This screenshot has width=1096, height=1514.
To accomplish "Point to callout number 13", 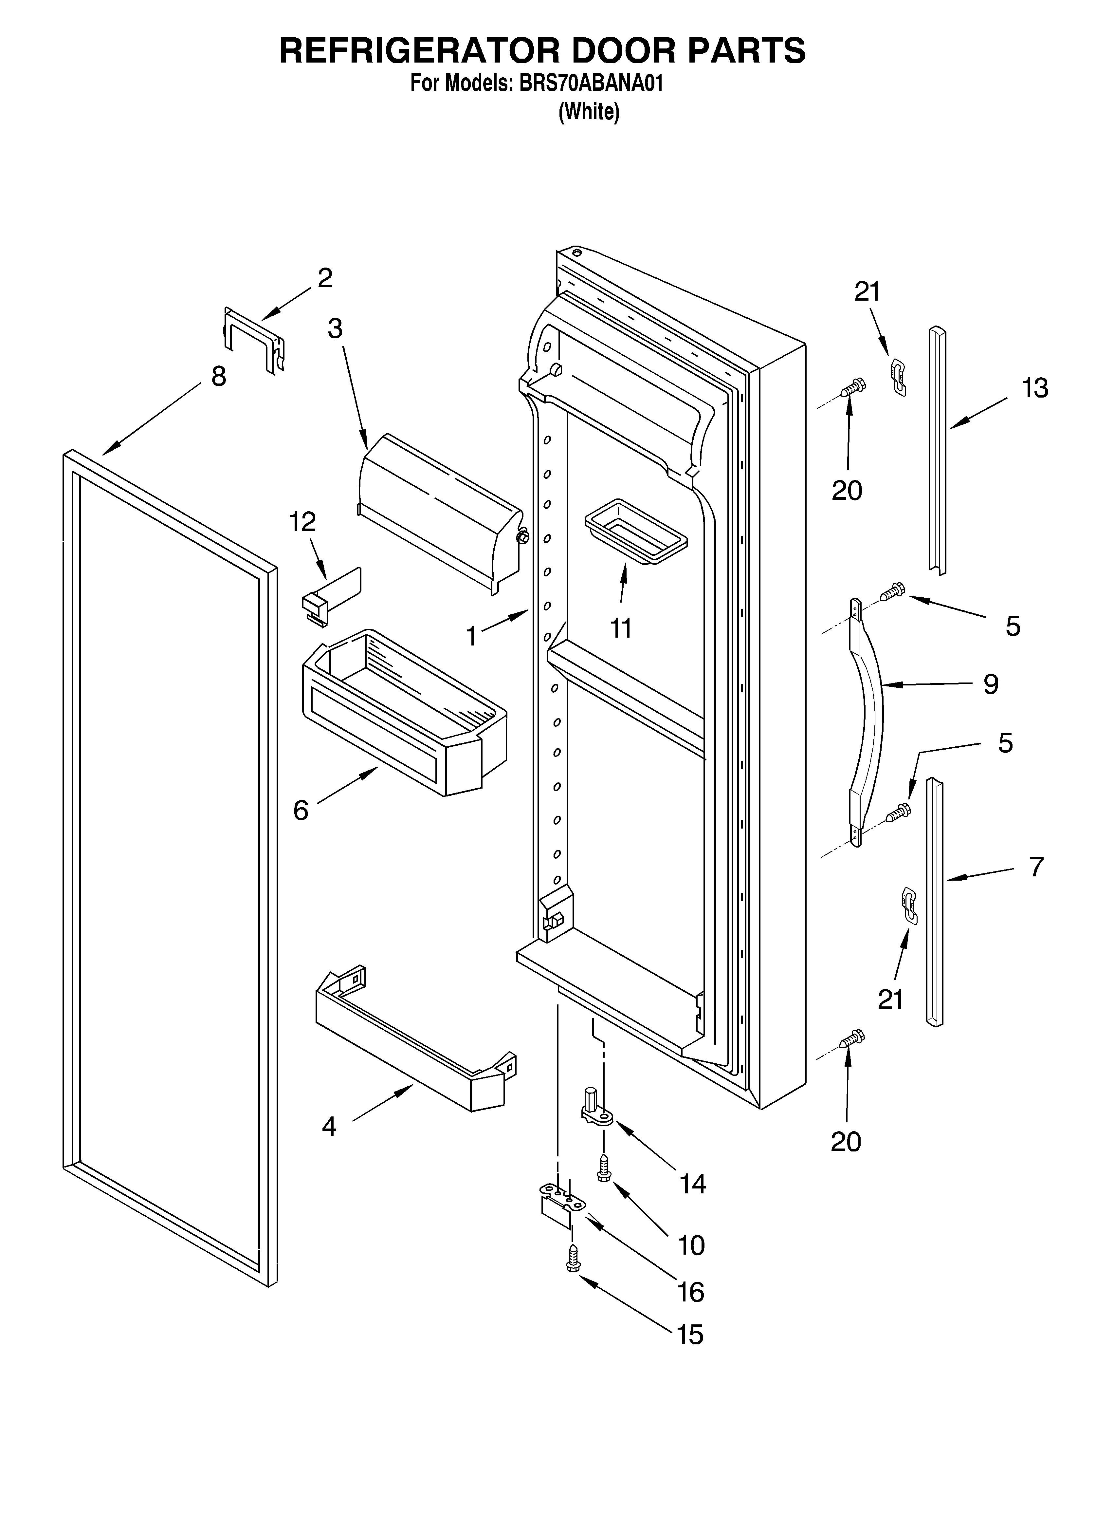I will click(x=1034, y=388).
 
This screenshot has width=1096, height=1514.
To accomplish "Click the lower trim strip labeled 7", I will click(x=935, y=901).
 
